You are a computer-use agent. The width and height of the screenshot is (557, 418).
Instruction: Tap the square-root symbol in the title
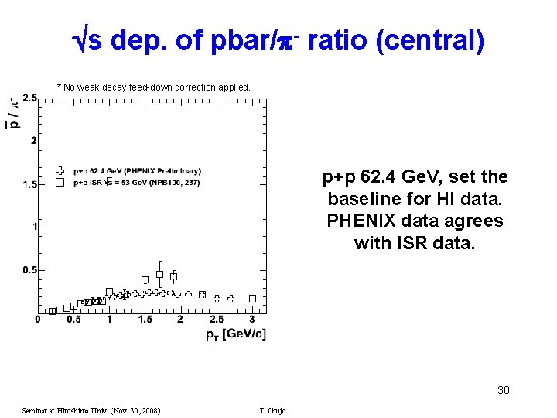[x=78, y=40]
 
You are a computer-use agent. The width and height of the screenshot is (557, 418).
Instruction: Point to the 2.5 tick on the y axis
[x=29, y=98]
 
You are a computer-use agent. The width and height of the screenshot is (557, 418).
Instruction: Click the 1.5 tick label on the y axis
[x=29, y=184]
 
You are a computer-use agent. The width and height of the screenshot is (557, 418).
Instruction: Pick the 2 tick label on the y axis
[x=33, y=141]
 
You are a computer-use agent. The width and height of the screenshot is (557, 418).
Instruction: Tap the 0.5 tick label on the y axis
[x=29, y=270]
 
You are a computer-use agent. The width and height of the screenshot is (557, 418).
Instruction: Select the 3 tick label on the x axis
[x=251, y=320]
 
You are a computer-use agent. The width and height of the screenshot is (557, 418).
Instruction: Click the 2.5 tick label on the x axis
[x=216, y=320]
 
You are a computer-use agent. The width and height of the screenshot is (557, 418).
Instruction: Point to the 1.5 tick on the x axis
[x=145, y=320]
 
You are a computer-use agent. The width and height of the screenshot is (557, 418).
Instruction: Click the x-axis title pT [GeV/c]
[x=235, y=334]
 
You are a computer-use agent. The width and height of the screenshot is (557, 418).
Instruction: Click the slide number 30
[x=503, y=390]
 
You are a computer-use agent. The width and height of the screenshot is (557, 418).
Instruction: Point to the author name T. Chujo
[x=272, y=410]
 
